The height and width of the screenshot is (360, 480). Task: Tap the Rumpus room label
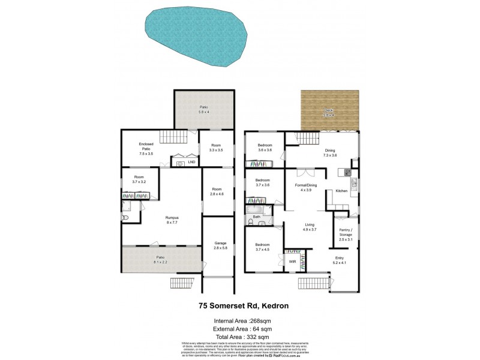(x=173, y=220)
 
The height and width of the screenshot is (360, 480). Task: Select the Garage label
(x=221, y=245)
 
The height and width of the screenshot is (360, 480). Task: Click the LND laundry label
(x=191, y=161)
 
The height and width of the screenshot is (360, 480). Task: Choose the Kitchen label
(x=341, y=191)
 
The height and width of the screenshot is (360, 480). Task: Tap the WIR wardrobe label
(x=292, y=261)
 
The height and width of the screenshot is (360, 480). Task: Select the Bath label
(x=256, y=217)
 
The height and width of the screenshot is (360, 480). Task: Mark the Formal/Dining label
(x=305, y=187)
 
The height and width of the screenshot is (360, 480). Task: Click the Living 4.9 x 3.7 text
(x=309, y=229)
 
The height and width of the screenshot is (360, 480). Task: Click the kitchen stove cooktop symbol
(x=347, y=173)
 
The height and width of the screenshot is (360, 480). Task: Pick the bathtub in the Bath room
(x=259, y=209)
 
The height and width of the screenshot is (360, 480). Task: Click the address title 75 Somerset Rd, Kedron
(x=239, y=305)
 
